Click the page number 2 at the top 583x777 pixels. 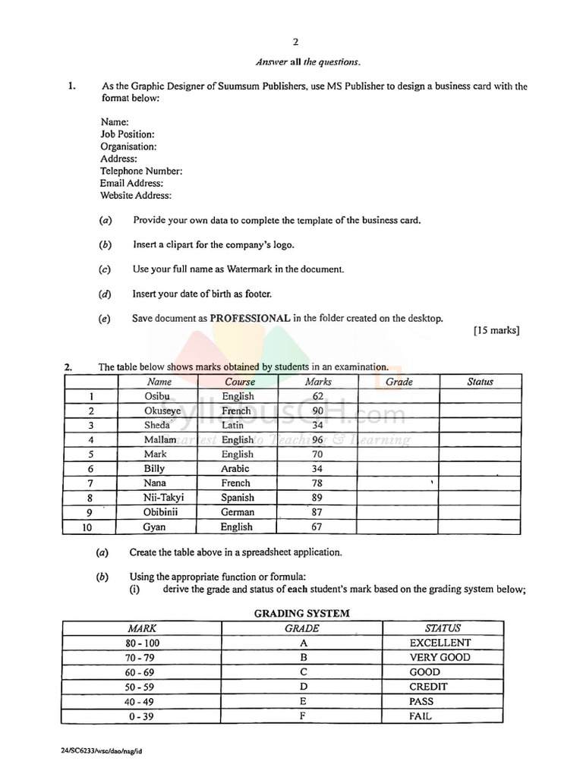[x=295, y=42]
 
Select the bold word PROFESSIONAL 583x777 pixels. [x=250, y=319]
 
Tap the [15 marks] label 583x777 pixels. [x=496, y=331]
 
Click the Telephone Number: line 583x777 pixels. [x=141, y=171]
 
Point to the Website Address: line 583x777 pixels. [x=136, y=195]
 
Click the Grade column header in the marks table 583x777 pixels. [x=399, y=382]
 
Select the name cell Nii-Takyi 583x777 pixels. [x=164, y=498]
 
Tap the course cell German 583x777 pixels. [x=238, y=512]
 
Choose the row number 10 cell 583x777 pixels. [x=90, y=527]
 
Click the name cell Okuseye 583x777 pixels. [x=162, y=411]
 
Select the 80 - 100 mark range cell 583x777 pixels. [x=143, y=643]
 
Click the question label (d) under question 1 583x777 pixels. [x=105, y=294]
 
